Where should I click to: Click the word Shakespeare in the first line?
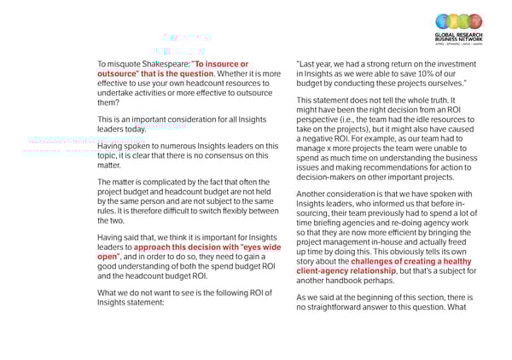(161, 64)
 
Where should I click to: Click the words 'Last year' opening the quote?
(316, 64)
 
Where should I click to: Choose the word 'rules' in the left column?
(108, 211)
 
